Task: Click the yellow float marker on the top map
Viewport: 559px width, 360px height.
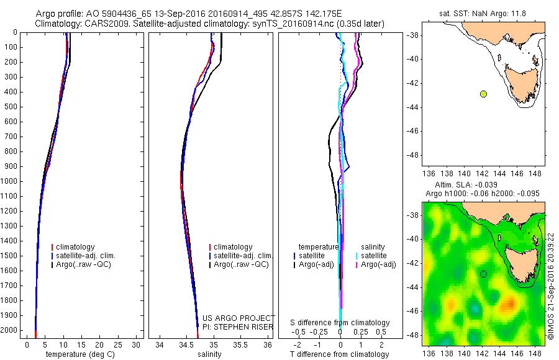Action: [483, 94]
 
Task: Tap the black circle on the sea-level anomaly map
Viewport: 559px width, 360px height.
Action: [483, 274]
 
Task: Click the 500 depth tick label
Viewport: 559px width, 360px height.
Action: [9, 107]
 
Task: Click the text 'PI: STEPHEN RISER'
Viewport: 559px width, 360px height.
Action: [238, 326]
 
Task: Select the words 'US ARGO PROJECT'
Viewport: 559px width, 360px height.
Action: [239, 318]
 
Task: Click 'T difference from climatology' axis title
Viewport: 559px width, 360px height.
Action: [340, 354]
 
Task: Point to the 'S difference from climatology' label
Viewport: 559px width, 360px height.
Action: [340, 323]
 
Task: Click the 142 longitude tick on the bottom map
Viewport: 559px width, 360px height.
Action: [483, 351]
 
